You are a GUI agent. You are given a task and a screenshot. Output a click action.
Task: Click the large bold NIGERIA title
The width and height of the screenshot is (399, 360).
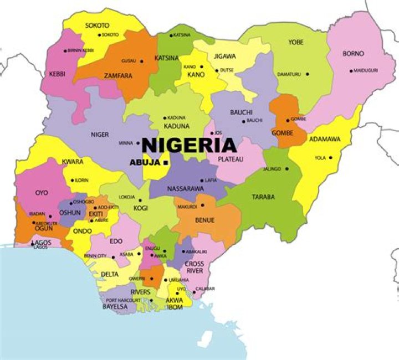190,145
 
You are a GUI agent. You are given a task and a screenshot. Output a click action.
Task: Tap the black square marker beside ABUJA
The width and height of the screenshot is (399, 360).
166,162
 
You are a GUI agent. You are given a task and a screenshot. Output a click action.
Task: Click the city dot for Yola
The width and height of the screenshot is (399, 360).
331,157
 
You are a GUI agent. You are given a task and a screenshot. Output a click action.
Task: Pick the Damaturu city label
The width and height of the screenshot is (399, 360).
290,74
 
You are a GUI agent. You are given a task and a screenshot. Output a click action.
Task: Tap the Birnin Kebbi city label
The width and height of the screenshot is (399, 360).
81,50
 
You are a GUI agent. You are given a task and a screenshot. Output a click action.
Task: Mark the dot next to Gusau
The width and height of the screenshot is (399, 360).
141,61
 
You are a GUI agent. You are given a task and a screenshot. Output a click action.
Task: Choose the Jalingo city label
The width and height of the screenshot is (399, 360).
272,168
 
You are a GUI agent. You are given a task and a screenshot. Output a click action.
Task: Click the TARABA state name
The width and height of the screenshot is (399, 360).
263,197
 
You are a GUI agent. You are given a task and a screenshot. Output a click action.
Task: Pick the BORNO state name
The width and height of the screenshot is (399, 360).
353,54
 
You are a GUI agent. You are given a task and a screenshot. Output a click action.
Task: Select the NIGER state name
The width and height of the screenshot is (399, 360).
99,135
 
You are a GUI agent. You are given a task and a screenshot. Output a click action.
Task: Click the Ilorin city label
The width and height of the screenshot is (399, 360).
82,180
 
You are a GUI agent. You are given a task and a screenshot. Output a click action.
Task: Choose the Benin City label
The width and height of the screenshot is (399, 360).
95,256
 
